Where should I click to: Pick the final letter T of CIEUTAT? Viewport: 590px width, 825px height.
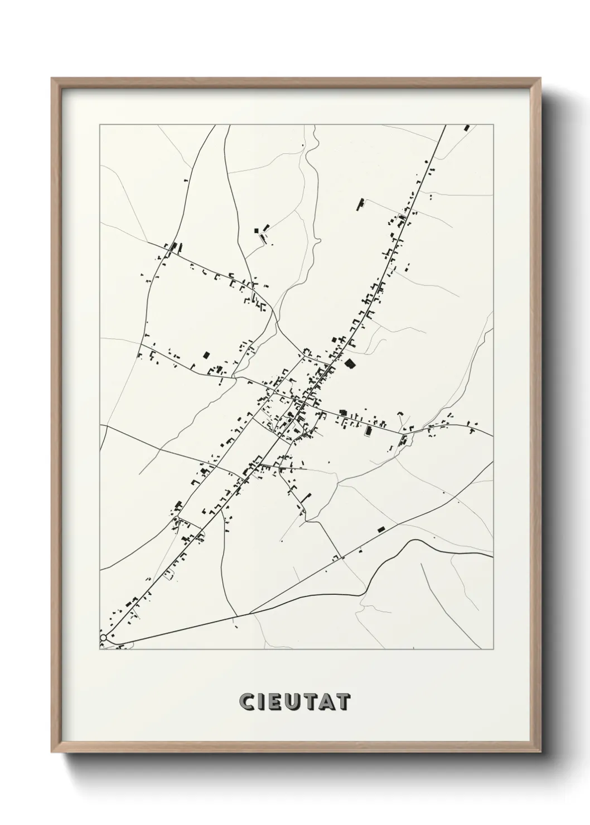coord(344,702)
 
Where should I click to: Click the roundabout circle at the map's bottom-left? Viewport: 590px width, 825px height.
coord(103,637)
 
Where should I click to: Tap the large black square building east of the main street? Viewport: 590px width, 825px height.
coord(350,364)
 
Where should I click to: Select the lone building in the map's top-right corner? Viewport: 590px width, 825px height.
coord(467,128)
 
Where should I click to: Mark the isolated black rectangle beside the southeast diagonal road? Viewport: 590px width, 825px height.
coord(381,529)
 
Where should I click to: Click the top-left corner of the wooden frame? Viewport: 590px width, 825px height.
coord(52,79)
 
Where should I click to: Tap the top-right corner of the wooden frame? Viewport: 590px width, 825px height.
coord(539,79)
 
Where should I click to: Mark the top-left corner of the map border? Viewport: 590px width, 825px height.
coord(100,125)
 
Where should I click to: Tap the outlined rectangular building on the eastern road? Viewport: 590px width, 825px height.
coord(368,431)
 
